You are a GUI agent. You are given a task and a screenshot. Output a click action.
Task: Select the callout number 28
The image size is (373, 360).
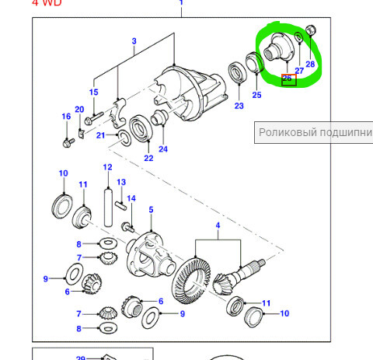tap(311, 64)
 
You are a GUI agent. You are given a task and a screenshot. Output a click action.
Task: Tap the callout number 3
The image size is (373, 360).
tap(134, 40)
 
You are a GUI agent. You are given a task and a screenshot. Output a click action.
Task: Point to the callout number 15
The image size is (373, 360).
tap(94, 93)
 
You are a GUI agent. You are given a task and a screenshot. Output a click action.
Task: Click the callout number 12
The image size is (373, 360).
tap(108, 167)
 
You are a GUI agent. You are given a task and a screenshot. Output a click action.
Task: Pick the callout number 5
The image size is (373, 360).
tap(151, 209)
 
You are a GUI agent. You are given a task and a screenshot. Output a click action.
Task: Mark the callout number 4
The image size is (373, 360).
tap(218, 226)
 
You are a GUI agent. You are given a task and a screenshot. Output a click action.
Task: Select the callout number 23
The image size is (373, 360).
tap(239, 106)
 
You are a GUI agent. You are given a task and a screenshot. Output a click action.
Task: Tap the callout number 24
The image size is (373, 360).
tap(162, 149)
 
